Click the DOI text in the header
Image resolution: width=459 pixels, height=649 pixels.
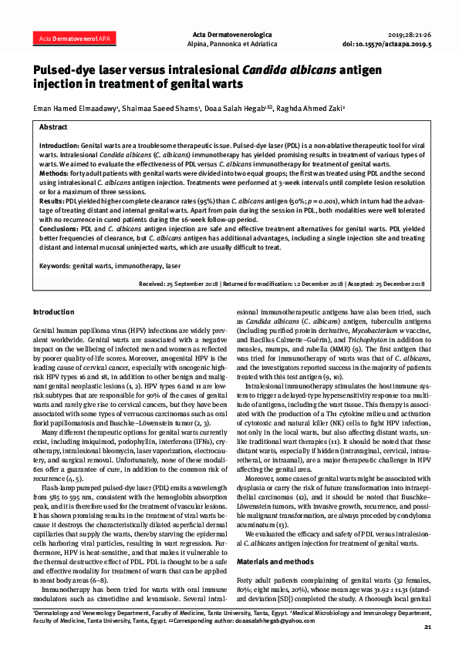(x=399, y=45)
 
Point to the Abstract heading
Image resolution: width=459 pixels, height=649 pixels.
(x=53, y=126)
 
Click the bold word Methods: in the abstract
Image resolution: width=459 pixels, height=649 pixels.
(x=56, y=175)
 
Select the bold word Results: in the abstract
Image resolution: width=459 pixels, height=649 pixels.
(x=52, y=200)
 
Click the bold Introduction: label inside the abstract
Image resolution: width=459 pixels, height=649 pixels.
(x=59, y=145)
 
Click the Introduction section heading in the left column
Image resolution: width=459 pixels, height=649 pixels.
(x=53, y=311)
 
